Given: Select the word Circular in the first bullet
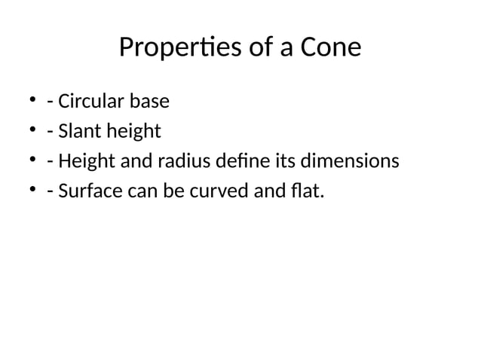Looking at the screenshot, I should point(89,101).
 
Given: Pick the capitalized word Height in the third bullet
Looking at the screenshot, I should point(84,162).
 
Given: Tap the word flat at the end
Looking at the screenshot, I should point(306,193).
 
